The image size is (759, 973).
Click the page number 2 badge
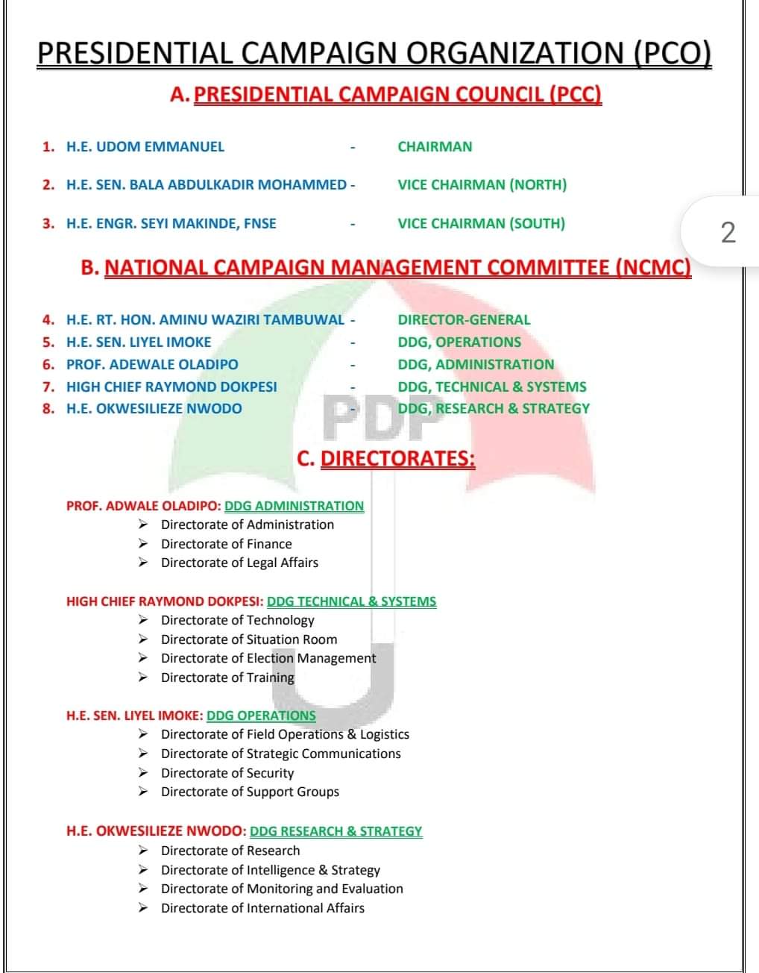click(x=728, y=232)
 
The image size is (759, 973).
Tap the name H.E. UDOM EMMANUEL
click(x=145, y=146)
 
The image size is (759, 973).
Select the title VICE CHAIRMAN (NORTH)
click(x=482, y=184)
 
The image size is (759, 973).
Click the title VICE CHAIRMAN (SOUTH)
click(x=481, y=223)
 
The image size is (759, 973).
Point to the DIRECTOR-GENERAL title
click(x=464, y=319)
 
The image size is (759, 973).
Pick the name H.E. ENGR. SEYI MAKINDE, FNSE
click(x=171, y=223)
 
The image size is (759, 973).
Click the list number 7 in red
click(x=48, y=387)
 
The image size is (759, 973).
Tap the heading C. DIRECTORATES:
click(x=385, y=457)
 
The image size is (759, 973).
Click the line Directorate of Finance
click(x=226, y=544)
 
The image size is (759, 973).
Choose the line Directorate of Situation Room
click(x=249, y=639)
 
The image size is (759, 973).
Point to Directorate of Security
click(x=227, y=773)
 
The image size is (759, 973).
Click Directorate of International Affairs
click(x=262, y=908)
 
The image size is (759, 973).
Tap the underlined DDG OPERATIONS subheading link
click(x=261, y=716)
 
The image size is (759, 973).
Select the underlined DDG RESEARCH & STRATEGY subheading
click(x=336, y=831)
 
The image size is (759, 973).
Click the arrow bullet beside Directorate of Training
click(x=143, y=678)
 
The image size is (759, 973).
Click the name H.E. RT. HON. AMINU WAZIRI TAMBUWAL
click(x=205, y=319)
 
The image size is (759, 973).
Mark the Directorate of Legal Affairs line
click(x=239, y=563)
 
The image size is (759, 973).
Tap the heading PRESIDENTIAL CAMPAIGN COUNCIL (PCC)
click(x=397, y=95)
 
